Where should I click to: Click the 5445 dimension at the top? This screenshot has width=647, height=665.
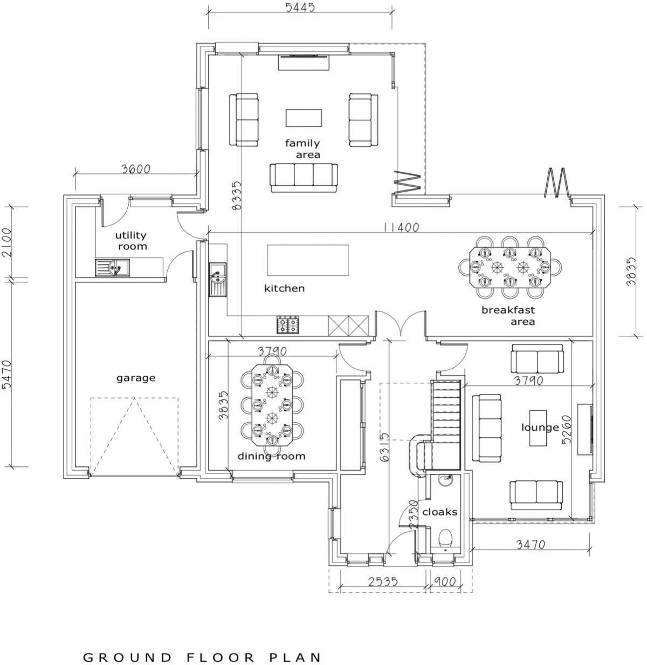(x=300, y=8)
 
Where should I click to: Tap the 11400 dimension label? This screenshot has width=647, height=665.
(x=401, y=227)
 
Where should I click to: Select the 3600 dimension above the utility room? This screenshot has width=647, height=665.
(x=136, y=169)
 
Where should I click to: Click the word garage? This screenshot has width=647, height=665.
(x=136, y=378)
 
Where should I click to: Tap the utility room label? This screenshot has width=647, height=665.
(x=132, y=241)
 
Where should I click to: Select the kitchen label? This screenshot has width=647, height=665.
(x=284, y=288)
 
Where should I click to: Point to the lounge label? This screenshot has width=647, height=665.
(x=540, y=427)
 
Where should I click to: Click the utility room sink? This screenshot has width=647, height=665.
(x=112, y=267)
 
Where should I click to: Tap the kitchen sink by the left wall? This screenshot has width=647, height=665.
(x=217, y=279)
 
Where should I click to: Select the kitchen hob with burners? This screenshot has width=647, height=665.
(x=288, y=324)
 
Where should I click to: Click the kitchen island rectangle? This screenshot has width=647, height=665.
(x=308, y=260)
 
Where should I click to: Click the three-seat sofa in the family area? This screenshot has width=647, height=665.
(x=304, y=178)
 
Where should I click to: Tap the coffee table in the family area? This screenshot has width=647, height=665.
(x=304, y=118)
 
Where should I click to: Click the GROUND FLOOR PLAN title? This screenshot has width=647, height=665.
(x=202, y=647)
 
